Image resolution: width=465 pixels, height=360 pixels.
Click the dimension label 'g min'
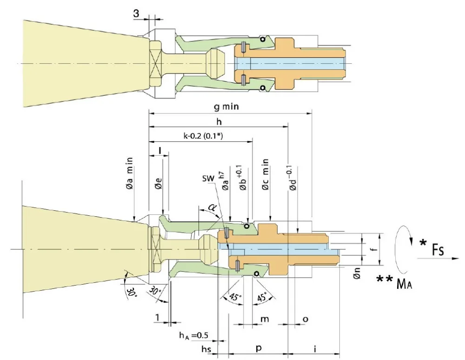[226, 107]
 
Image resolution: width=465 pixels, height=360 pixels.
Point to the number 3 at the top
[136, 14]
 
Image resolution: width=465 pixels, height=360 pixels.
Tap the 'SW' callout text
[207, 179]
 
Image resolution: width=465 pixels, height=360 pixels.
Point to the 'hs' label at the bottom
[206, 348]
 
